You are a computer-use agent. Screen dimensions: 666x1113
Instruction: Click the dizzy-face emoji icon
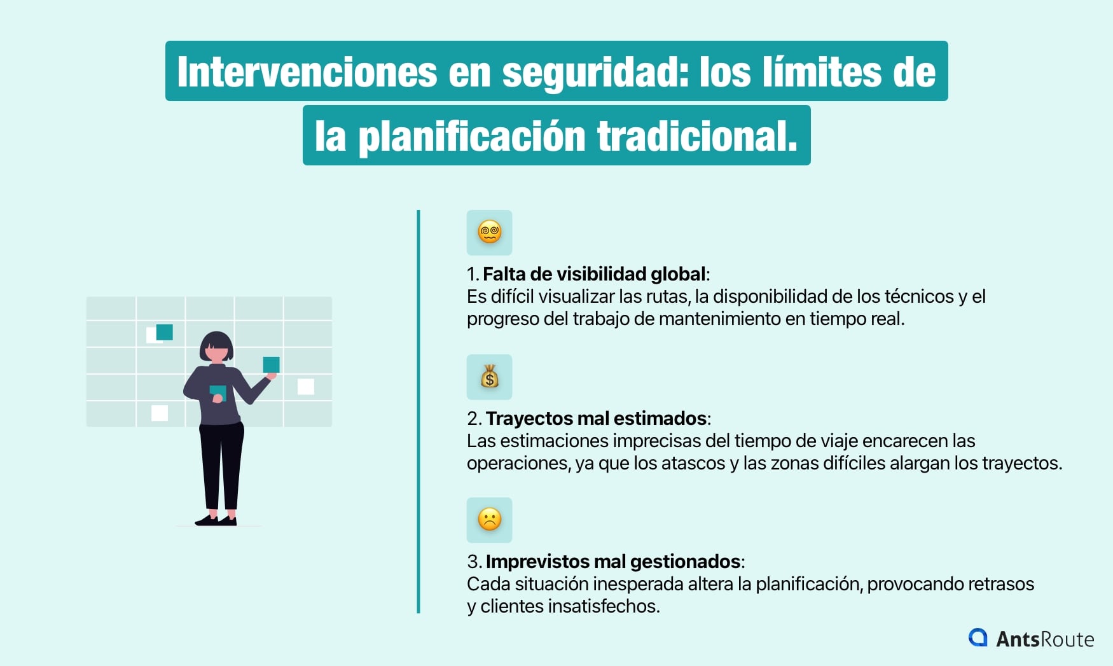[489, 232]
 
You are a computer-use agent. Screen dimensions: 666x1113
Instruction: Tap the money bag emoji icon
[489, 377]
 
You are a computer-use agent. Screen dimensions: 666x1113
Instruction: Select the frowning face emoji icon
[489, 520]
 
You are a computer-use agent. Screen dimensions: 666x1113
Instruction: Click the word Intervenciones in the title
[307, 72]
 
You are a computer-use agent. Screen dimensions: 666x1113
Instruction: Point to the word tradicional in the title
[696, 137]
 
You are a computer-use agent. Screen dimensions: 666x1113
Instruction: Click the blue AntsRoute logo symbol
[978, 637]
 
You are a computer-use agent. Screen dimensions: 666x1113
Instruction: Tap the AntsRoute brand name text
[1045, 639]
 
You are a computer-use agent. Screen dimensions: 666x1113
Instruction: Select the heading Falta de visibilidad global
[594, 274]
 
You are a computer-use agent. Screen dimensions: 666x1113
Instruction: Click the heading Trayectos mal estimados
[597, 419]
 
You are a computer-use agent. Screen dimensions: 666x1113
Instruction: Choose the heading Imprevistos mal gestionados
[612, 562]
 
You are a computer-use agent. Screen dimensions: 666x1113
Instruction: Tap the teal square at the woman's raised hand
[271, 364]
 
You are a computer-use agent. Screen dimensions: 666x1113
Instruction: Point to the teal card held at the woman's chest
[218, 392]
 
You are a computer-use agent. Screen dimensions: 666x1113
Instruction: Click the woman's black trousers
[221, 464]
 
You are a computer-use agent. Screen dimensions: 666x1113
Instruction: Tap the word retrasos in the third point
[1002, 584]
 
